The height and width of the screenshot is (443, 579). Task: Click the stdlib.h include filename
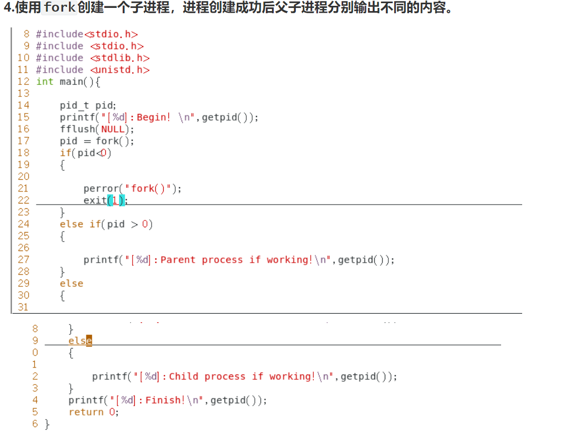[x=120, y=58]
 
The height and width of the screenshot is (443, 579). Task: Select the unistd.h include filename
[x=120, y=70]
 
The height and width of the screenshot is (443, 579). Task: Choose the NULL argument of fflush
[x=113, y=129]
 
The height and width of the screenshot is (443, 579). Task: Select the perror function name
[x=101, y=188]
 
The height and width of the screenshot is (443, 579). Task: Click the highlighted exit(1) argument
[x=116, y=200]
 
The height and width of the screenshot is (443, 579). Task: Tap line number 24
[x=23, y=224]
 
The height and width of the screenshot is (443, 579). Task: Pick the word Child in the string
[x=184, y=377]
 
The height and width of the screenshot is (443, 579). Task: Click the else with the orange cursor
[x=80, y=341]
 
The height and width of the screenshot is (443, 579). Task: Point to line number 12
[x=23, y=82]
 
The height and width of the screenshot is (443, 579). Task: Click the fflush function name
[x=77, y=129]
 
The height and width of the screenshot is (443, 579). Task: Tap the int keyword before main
[x=45, y=82]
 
